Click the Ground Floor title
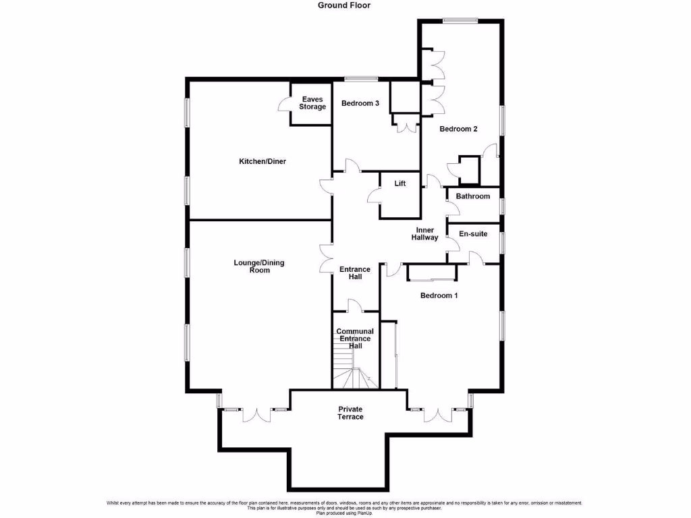(344, 5)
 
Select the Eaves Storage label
(312, 103)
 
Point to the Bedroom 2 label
(458, 129)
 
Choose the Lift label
(400, 183)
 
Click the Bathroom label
(472, 196)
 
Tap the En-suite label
(473, 234)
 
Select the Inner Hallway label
(426, 234)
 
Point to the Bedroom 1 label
(439, 295)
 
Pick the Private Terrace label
(350, 413)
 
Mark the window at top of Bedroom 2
(460, 20)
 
